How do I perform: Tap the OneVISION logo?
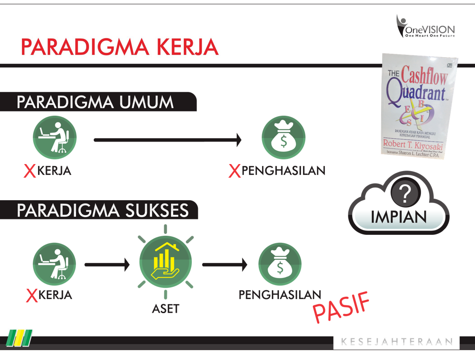[425, 27]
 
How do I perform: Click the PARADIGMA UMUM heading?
[95, 102]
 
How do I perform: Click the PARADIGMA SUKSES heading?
[103, 210]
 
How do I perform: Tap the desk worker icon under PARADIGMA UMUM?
[54, 137]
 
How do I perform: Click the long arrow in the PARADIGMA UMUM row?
[167, 139]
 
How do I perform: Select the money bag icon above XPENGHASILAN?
[283, 137]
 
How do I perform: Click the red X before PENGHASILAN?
[234, 171]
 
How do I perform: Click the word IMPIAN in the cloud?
[399, 217]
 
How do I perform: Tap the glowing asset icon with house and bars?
[165, 262]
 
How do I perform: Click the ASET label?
[165, 309]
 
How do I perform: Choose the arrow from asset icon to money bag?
[224, 265]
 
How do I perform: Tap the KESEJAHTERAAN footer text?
[397, 342]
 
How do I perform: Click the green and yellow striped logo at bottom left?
[20, 338]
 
